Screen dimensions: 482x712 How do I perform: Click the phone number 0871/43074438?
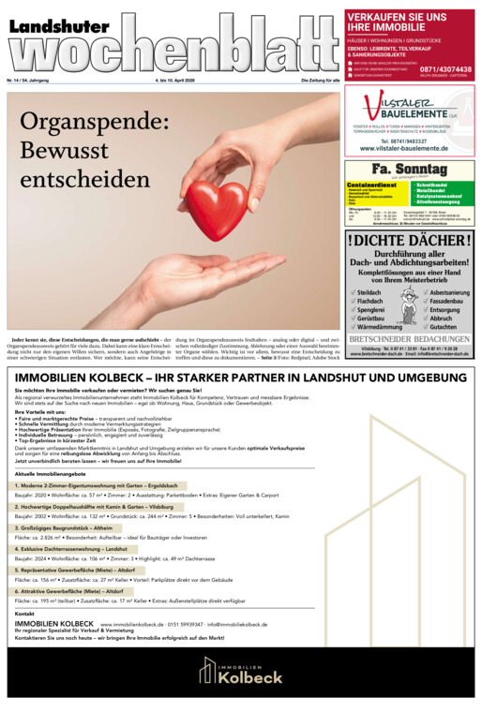(x=445, y=69)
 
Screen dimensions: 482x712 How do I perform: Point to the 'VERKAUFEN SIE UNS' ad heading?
(x=397, y=16)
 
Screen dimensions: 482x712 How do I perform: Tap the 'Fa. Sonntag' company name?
(x=409, y=169)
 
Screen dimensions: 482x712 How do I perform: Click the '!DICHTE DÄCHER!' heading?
(x=409, y=241)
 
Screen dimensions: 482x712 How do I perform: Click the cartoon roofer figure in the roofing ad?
(x=409, y=304)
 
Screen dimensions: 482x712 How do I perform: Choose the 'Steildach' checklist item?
(x=369, y=292)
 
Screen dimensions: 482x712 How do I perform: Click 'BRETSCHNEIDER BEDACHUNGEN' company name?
(x=409, y=338)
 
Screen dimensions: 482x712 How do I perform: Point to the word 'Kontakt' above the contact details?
(x=25, y=614)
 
